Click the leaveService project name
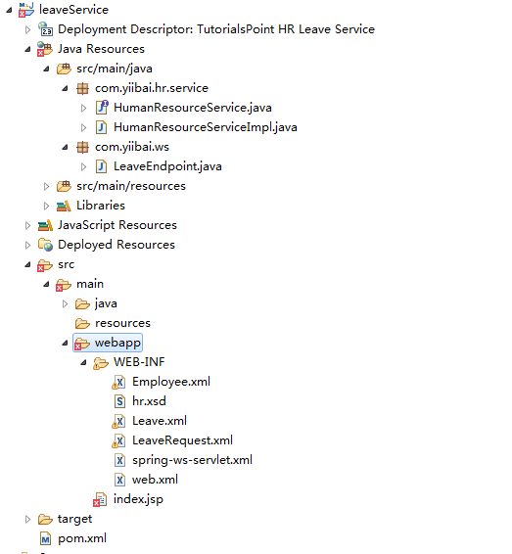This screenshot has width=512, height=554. [73, 10]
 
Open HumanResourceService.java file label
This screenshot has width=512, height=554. [193, 108]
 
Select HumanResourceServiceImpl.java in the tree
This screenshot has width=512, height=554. [206, 127]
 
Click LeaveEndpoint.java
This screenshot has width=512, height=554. [167, 166]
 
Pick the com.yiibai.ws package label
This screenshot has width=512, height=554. [132, 147]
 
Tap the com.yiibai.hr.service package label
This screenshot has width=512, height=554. [152, 88]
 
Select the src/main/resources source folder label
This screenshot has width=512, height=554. [131, 186]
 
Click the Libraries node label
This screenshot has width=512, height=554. [101, 206]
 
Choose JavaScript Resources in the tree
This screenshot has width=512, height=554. [117, 225]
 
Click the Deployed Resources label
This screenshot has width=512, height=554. [116, 245]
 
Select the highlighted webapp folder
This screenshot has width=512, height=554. [117, 343]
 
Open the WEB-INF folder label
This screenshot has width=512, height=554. [139, 362]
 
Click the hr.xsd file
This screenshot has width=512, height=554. [149, 401]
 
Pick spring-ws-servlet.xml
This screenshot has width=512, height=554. [192, 460]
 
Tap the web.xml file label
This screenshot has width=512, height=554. [155, 480]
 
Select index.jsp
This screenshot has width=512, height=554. [138, 499]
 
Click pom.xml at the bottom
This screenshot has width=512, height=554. [82, 538]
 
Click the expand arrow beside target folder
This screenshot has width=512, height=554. [27, 519]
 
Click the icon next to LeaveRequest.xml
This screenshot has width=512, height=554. [118, 440]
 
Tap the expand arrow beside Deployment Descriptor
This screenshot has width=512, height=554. [27, 29]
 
